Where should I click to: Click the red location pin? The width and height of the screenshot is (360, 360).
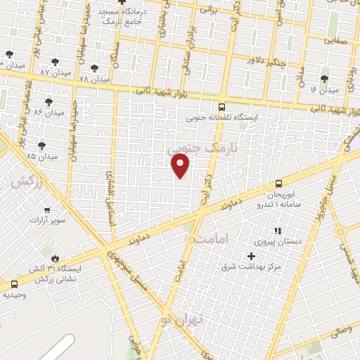[181, 165]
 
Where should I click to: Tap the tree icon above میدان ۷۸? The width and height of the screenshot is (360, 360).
[94, 68]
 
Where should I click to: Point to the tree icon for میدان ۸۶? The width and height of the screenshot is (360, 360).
[49, 103]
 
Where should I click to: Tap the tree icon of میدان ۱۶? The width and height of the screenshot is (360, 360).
[324, 79]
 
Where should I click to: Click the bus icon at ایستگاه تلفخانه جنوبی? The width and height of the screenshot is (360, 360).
[222, 107]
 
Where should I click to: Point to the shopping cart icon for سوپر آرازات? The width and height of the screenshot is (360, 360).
[47, 210]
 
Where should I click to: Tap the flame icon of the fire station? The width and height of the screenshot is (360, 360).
[48, 258]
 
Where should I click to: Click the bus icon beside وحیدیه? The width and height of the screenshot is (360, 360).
[14, 284]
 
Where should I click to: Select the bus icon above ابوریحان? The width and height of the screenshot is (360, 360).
[279, 183]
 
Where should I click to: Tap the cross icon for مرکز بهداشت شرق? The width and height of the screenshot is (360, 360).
[251, 256]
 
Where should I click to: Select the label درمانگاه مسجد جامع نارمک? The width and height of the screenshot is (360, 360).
[121, 17]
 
